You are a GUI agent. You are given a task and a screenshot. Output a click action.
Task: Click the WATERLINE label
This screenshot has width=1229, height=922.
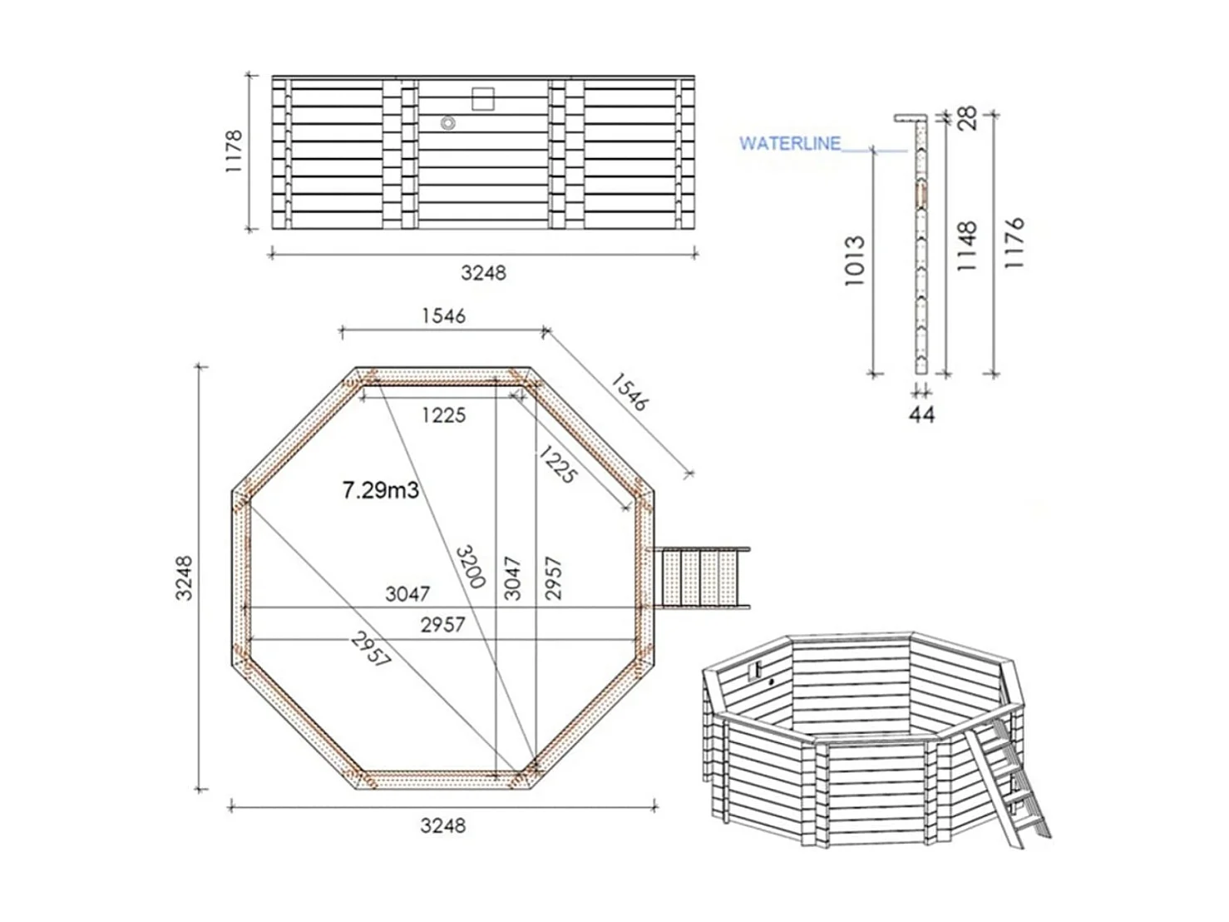[x=789, y=144]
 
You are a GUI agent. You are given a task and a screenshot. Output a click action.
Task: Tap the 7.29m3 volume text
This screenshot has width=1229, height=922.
[x=380, y=490]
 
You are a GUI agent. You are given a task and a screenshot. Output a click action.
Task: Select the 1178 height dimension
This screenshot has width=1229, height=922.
[x=234, y=151]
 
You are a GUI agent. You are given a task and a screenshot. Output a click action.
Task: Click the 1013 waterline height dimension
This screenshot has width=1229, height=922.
[x=855, y=261]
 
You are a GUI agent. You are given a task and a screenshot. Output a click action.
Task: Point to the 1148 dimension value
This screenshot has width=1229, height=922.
[x=967, y=246]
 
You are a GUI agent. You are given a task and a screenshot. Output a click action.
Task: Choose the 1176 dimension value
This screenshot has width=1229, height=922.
[x=1014, y=242]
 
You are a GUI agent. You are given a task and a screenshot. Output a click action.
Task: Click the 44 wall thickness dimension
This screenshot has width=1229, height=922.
[x=921, y=414]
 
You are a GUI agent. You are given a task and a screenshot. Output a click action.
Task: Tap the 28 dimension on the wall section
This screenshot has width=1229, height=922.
[x=968, y=118]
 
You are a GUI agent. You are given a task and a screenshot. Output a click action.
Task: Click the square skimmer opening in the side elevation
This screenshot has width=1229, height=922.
[x=483, y=99]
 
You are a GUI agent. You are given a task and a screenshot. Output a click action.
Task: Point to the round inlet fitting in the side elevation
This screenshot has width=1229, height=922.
[x=448, y=123]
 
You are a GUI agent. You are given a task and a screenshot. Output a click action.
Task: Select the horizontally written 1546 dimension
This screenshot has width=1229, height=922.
[x=443, y=316]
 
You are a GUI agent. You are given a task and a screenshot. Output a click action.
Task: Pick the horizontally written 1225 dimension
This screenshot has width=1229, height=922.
[x=442, y=415]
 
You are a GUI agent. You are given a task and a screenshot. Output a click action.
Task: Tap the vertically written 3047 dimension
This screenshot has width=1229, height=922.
[x=513, y=577]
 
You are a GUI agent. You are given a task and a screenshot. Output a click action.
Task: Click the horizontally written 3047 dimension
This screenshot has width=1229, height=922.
[x=407, y=593]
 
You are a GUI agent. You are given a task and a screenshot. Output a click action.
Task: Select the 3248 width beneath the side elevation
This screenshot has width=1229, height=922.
[x=483, y=273]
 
